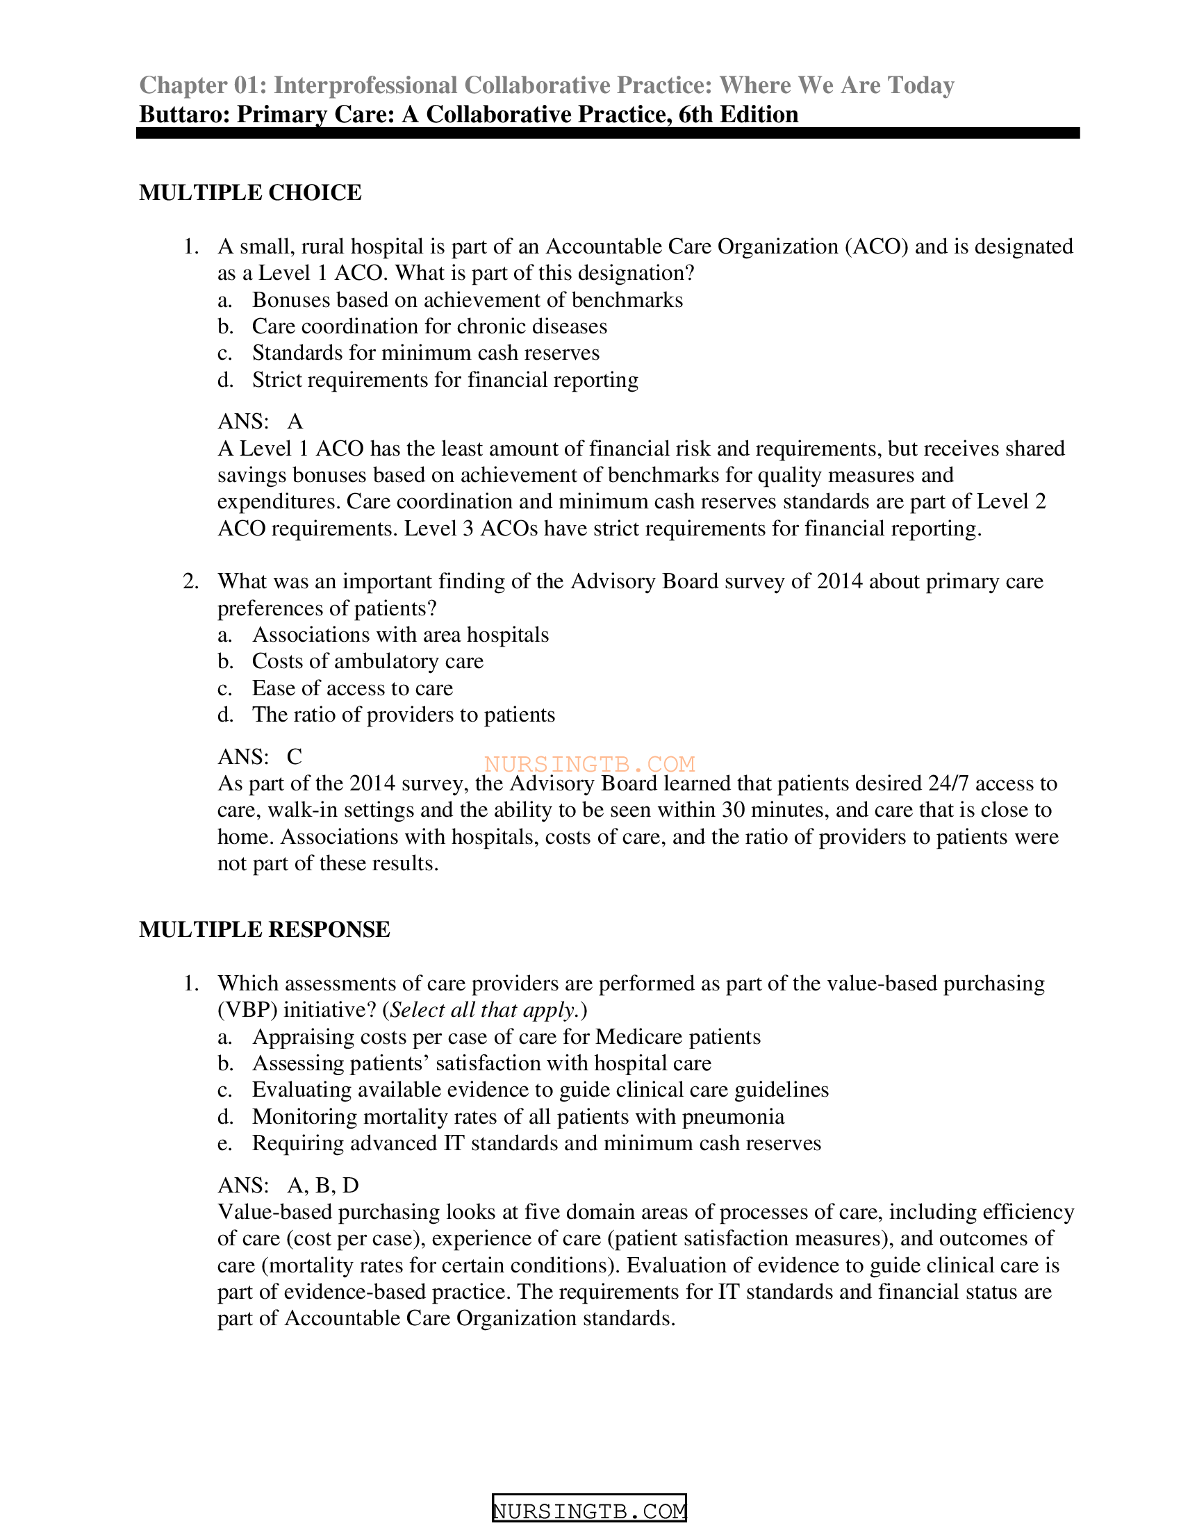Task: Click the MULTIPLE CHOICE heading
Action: (x=250, y=192)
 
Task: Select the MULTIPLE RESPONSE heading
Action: (x=265, y=929)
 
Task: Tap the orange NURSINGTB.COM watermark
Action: (x=589, y=763)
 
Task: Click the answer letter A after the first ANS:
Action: (x=295, y=421)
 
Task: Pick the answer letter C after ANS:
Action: (x=295, y=756)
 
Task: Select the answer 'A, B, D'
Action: (x=322, y=1185)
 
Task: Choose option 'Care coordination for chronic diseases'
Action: (x=429, y=326)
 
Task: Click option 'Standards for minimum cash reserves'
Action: (x=425, y=353)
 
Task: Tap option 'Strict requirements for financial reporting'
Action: (x=445, y=380)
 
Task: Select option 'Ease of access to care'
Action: (x=352, y=688)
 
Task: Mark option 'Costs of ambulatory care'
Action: (x=367, y=661)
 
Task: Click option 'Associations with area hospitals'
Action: (x=400, y=635)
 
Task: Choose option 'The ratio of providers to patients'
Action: (x=403, y=714)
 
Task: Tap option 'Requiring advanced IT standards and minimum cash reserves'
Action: (x=536, y=1143)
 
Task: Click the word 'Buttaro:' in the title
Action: (x=185, y=114)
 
